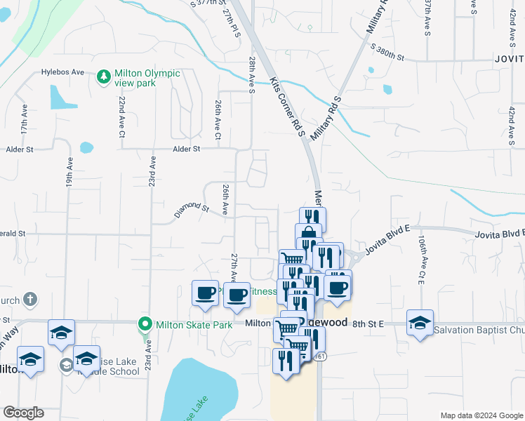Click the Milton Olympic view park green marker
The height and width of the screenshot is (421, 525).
pos(104,74)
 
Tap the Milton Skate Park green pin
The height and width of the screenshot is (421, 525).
pos(145,323)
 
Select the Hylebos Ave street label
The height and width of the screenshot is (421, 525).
pos(62,72)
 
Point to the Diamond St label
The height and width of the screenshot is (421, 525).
pos(192,208)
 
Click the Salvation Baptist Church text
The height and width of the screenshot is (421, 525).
pos(479,330)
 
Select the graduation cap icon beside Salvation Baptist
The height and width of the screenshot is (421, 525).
pos(420,322)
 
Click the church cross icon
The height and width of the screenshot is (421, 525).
pos(29,300)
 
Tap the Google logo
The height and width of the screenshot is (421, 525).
pos(23,413)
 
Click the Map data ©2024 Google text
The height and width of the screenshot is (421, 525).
pos(481,415)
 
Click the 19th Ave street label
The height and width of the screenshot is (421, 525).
pos(70,171)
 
